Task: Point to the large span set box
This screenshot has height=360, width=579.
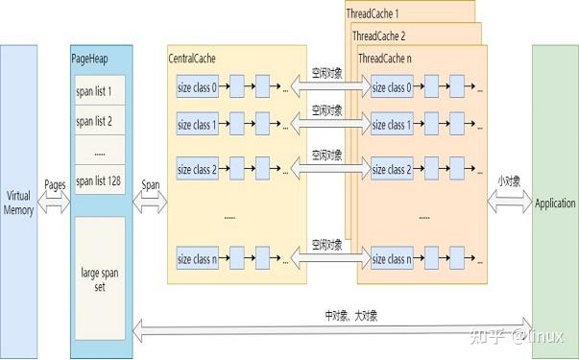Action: click(x=99, y=265)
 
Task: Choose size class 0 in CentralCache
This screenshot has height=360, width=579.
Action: click(x=199, y=88)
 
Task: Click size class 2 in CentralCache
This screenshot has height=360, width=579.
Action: click(x=199, y=170)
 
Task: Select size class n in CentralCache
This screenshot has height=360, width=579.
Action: click(x=199, y=259)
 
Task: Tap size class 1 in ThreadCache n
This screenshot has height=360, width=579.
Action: click(x=393, y=125)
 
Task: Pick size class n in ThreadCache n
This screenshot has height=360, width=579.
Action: click(x=393, y=259)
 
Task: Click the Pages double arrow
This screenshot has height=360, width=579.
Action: click(x=54, y=204)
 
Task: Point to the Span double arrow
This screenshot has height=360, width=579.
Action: click(x=151, y=204)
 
